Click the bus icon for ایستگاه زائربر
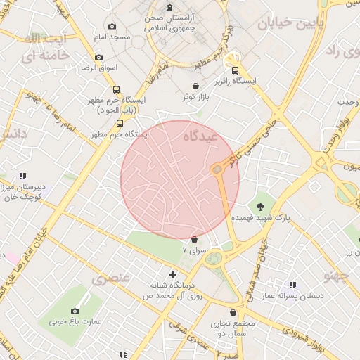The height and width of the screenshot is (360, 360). (x=235, y=70)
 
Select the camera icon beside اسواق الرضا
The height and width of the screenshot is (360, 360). (x=98, y=57)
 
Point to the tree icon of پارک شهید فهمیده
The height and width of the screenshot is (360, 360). (x=261, y=206)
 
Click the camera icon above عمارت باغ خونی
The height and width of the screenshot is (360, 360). (x=75, y=311)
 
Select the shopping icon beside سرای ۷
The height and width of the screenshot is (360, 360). (x=194, y=240)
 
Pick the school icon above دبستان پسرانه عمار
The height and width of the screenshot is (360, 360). (x=292, y=285)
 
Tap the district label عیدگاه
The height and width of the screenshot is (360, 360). (x=201, y=133)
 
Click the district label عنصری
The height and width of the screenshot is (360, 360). (x=111, y=278)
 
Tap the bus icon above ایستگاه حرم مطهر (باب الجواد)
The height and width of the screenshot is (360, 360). (x=116, y=89)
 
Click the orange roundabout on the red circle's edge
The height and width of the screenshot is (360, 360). (x=217, y=169)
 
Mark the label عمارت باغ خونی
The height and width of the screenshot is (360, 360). (x=75, y=322)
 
